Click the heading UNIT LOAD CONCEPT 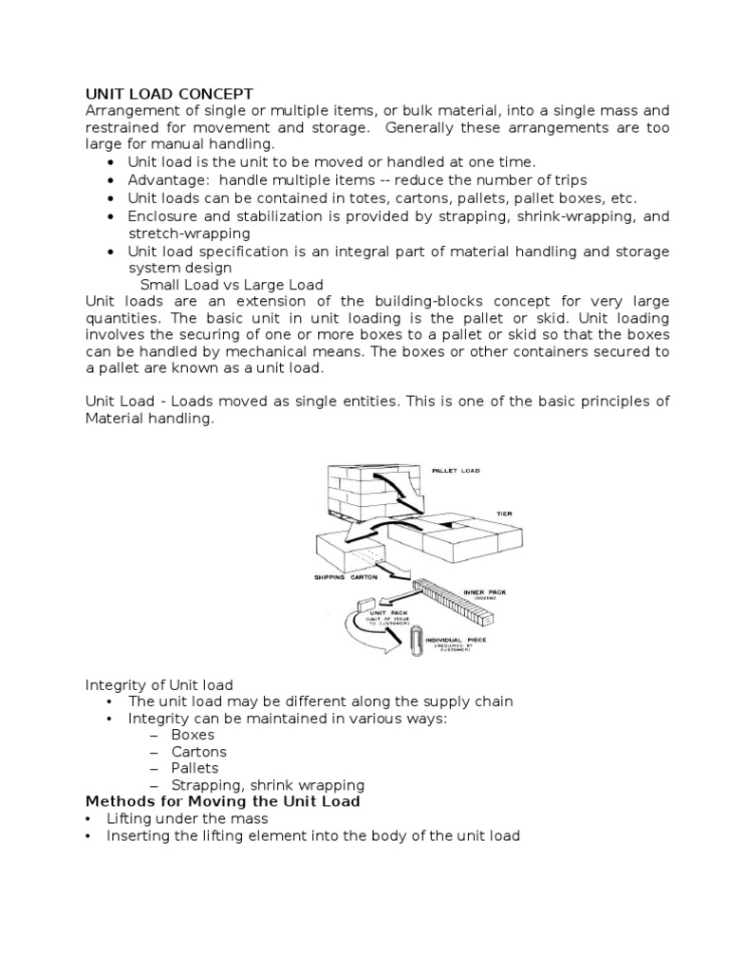tap(169, 93)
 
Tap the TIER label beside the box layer tap(503, 514)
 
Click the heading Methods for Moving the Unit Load tap(223, 801)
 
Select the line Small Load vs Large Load tap(232, 285)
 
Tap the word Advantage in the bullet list tap(163, 180)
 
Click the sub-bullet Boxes tap(193, 735)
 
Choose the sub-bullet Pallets tap(195, 768)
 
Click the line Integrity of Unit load tap(159, 684)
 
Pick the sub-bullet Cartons tap(198, 752)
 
